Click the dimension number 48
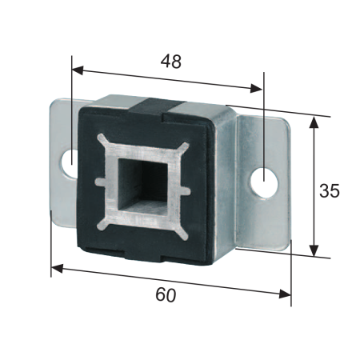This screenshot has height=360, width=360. coord(171,62)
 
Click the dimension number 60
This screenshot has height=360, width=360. coord(166,295)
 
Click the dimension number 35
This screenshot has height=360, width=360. coord(330,190)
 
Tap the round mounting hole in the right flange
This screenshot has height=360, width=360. coord(264,183)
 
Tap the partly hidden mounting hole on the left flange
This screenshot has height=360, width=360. coord(69,163)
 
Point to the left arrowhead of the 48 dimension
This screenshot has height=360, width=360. coord(78,70)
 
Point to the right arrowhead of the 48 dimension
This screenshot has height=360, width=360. coord(256,88)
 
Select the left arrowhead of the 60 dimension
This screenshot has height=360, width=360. coord(57,268)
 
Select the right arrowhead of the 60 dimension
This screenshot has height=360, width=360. coord(285,294)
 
